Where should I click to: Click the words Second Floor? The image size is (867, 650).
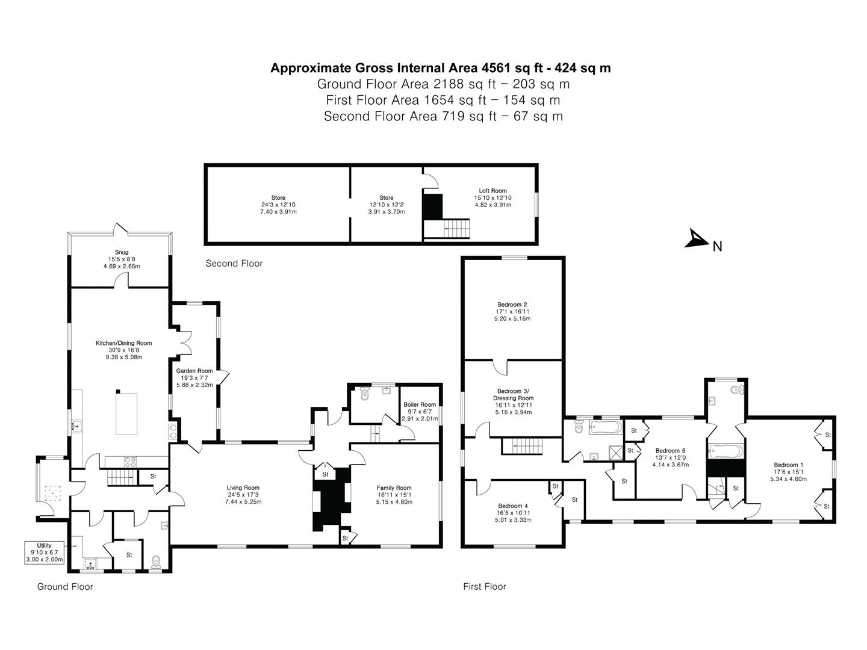[234, 264]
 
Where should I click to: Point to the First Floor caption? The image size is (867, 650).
[484, 586]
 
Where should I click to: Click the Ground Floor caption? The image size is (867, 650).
[65, 586]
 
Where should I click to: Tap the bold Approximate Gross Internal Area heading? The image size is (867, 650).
[440, 68]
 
